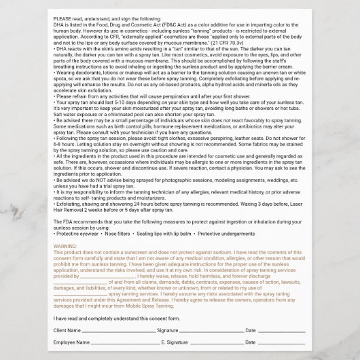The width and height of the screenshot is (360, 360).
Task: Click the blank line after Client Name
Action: pyautogui.click(x=119, y=331)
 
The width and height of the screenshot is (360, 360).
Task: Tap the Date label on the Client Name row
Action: pyautogui.click(x=251, y=330)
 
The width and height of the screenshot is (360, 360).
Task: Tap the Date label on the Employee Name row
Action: pyautogui.click(x=251, y=343)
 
